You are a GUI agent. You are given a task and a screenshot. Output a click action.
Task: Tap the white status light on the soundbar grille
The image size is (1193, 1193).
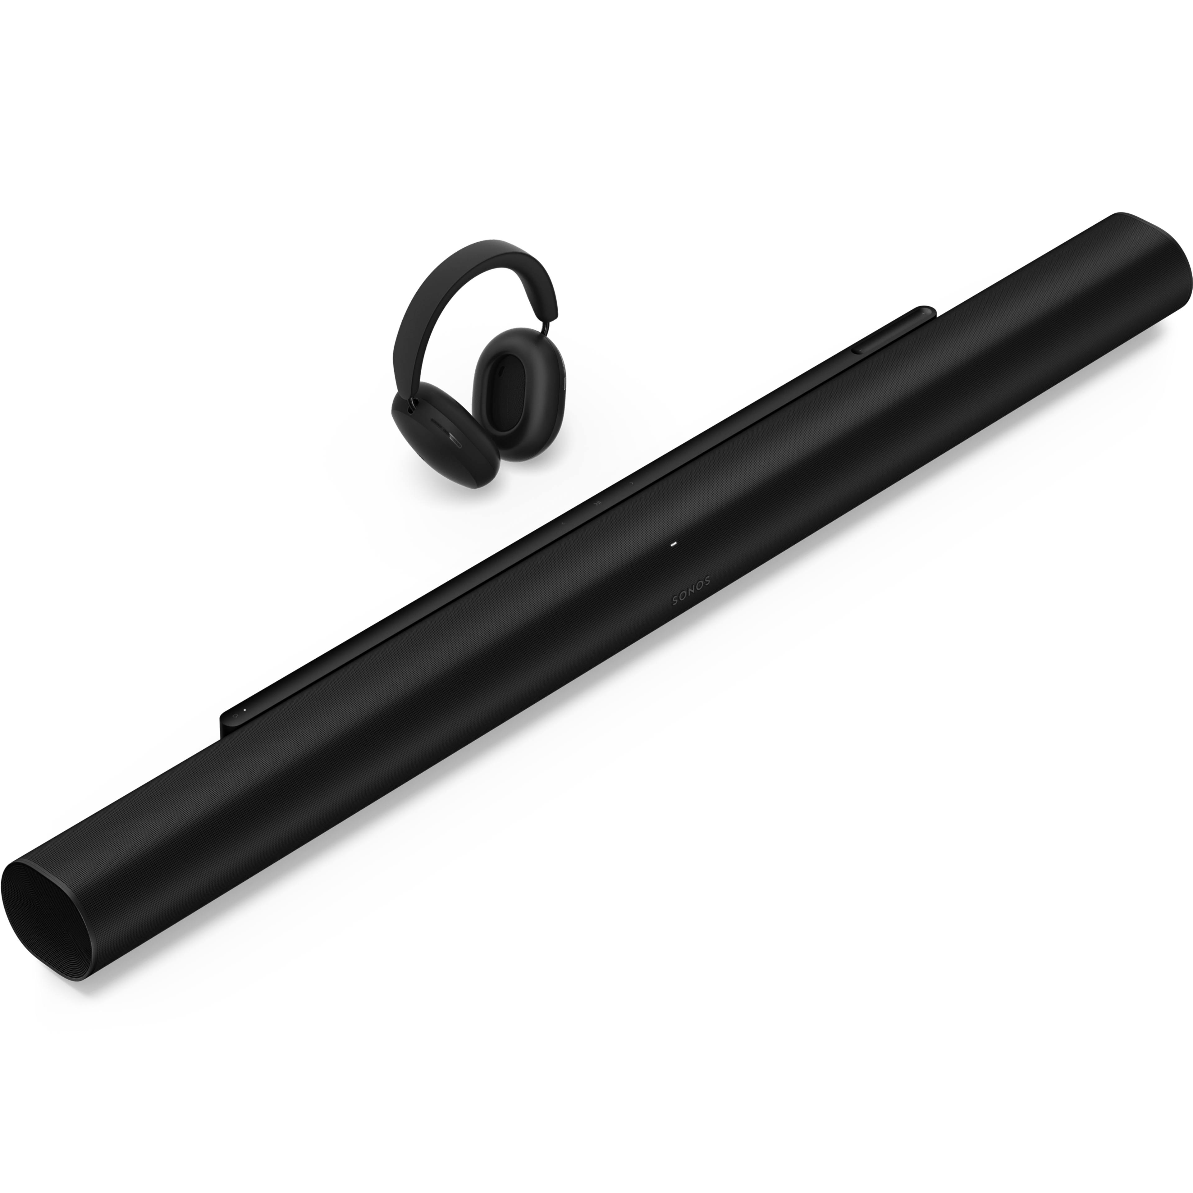click(x=674, y=545)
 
